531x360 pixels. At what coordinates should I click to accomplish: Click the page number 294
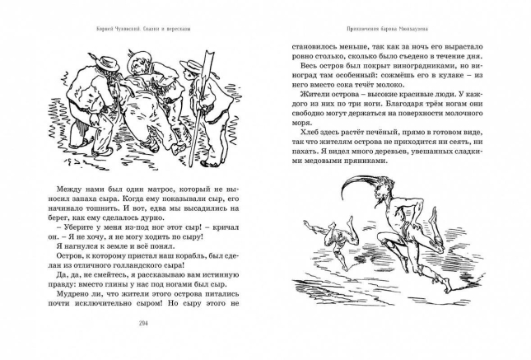[144, 344]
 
